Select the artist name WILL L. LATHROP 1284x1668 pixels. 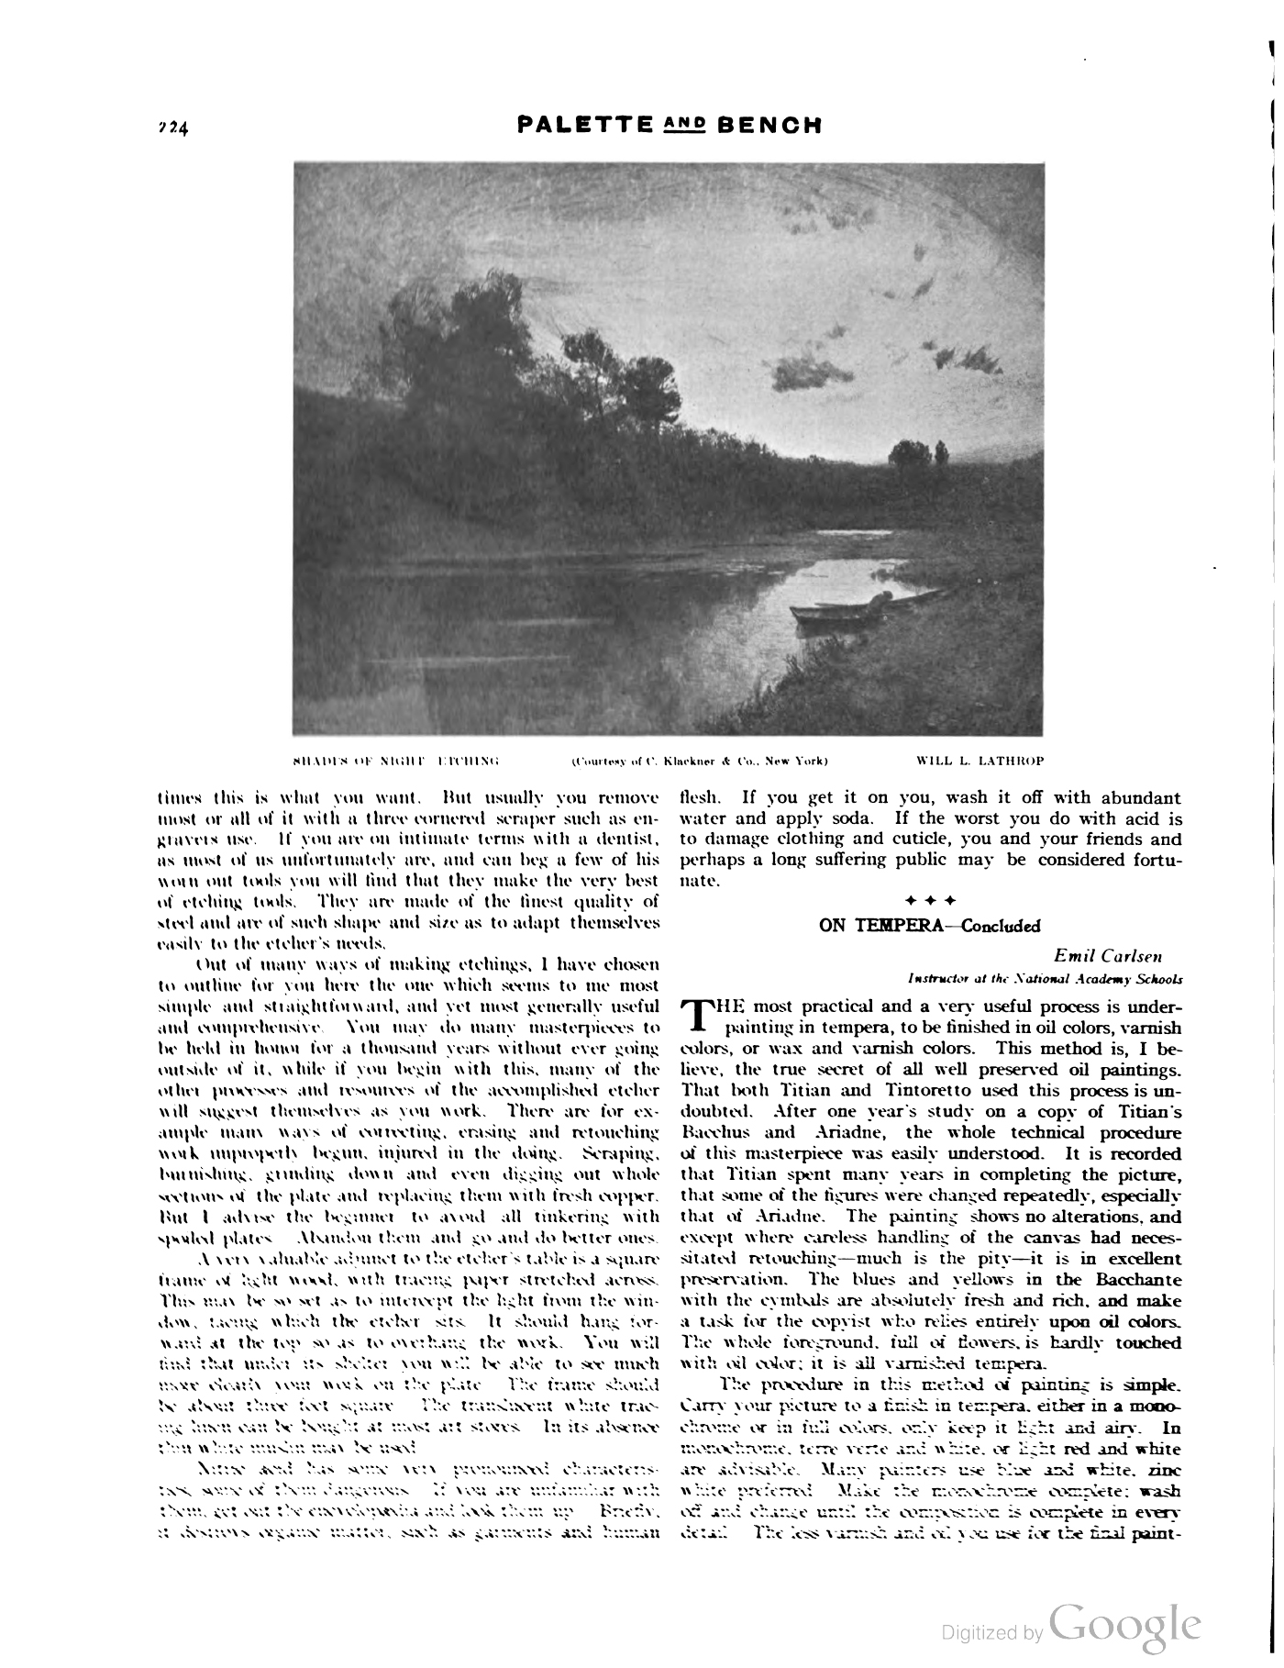980,761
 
